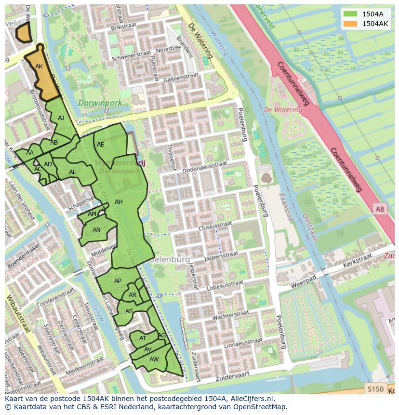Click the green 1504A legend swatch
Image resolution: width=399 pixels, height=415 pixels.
pyautogui.click(x=350, y=14)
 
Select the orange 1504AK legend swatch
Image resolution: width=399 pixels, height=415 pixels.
pyautogui.click(x=350, y=24)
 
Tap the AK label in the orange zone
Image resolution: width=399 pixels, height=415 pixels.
pyautogui.click(x=39, y=67)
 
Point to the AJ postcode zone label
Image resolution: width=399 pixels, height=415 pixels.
pyautogui.click(x=61, y=118)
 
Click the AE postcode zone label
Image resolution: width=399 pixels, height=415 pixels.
pyautogui.click(x=101, y=145)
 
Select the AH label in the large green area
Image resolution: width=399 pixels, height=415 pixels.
pyautogui.click(x=119, y=202)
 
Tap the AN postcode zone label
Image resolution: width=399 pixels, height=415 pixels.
pyautogui.click(x=96, y=230)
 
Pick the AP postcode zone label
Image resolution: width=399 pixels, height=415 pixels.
pyautogui.click(x=118, y=281)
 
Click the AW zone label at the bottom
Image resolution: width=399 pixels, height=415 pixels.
pyautogui.click(x=154, y=360)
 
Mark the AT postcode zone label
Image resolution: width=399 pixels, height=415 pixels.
pyautogui.click(x=143, y=338)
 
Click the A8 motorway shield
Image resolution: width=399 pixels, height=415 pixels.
pyautogui.click(x=380, y=209)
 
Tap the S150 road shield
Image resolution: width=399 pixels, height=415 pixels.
pyautogui.click(x=375, y=389)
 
